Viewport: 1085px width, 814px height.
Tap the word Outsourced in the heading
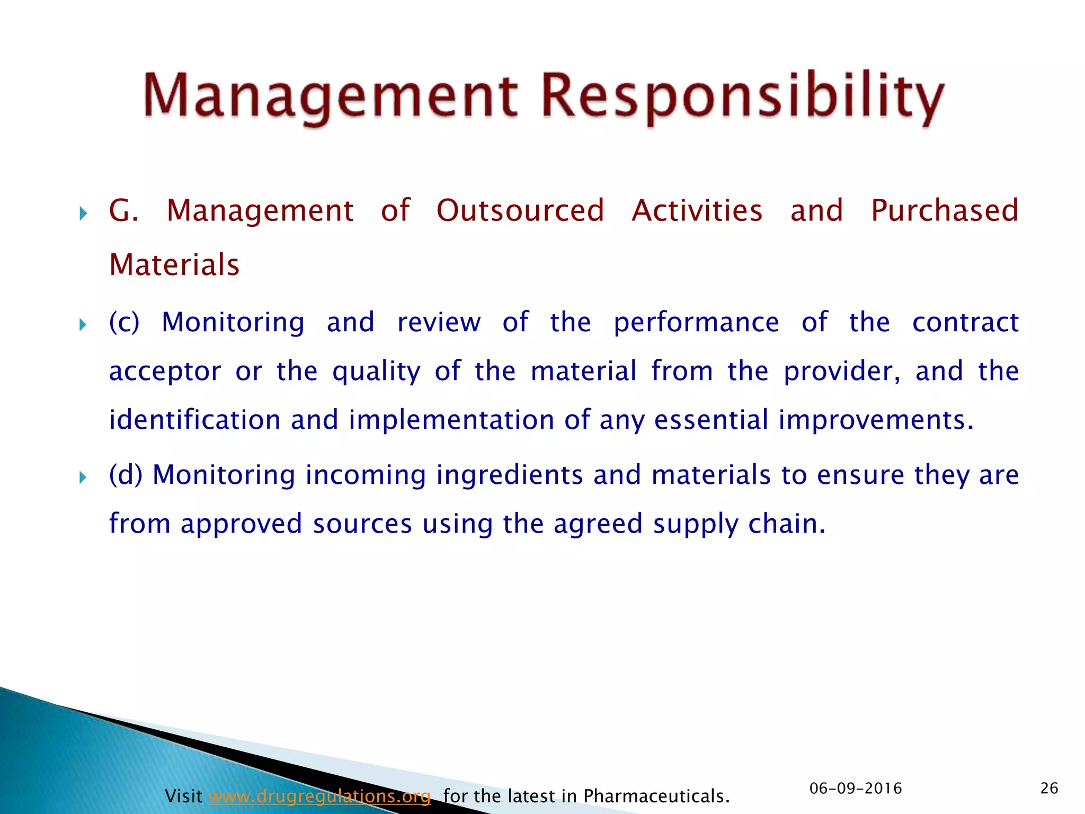coord(520,210)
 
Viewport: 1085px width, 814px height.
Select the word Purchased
coord(945,210)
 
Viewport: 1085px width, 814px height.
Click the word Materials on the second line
coord(174,265)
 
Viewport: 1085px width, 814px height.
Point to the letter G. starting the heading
coord(123,210)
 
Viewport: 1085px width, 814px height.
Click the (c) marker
coord(124,322)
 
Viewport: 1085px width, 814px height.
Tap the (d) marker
coord(126,474)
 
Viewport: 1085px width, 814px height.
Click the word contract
coord(965,322)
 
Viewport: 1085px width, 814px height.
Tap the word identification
coord(194,420)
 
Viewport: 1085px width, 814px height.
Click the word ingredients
coord(509,475)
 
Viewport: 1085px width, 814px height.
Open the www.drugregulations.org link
coord(319,796)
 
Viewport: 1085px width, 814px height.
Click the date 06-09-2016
coord(856,789)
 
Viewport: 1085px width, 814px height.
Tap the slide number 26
coord(1049,789)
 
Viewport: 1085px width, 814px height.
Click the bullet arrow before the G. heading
coord(83,214)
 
